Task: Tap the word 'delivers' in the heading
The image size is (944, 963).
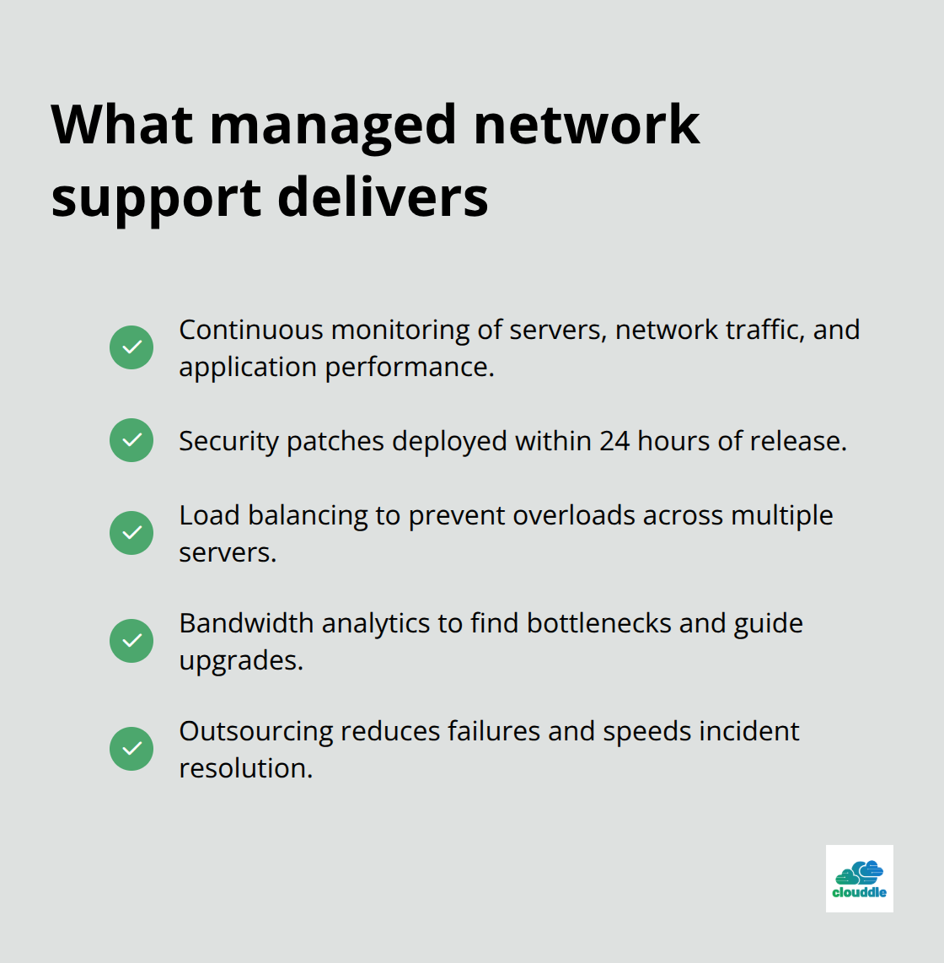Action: pyautogui.click(x=383, y=197)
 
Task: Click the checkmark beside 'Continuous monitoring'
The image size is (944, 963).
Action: pyautogui.click(x=131, y=347)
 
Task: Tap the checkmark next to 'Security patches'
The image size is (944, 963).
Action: pyautogui.click(x=131, y=440)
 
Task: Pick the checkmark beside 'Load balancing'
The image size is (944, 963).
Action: pyautogui.click(x=131, y=533)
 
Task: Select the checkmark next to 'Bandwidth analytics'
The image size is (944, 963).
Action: pyautogui.click(x=131, y=641)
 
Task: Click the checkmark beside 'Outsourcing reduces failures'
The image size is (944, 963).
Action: pyautogui.click(x=131, y=749)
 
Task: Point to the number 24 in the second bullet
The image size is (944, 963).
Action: pyautogui.click(x=614, y=441)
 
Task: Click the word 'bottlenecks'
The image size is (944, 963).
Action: pyautogui.click(x=599, y=623)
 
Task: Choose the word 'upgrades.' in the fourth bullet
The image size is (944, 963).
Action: pyautogui.click(x=241, y=661)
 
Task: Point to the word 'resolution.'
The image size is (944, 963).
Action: pyautogui.click(x=245, y=768)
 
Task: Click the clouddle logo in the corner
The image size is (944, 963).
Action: pyautogui.click(x=859, y=879)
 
